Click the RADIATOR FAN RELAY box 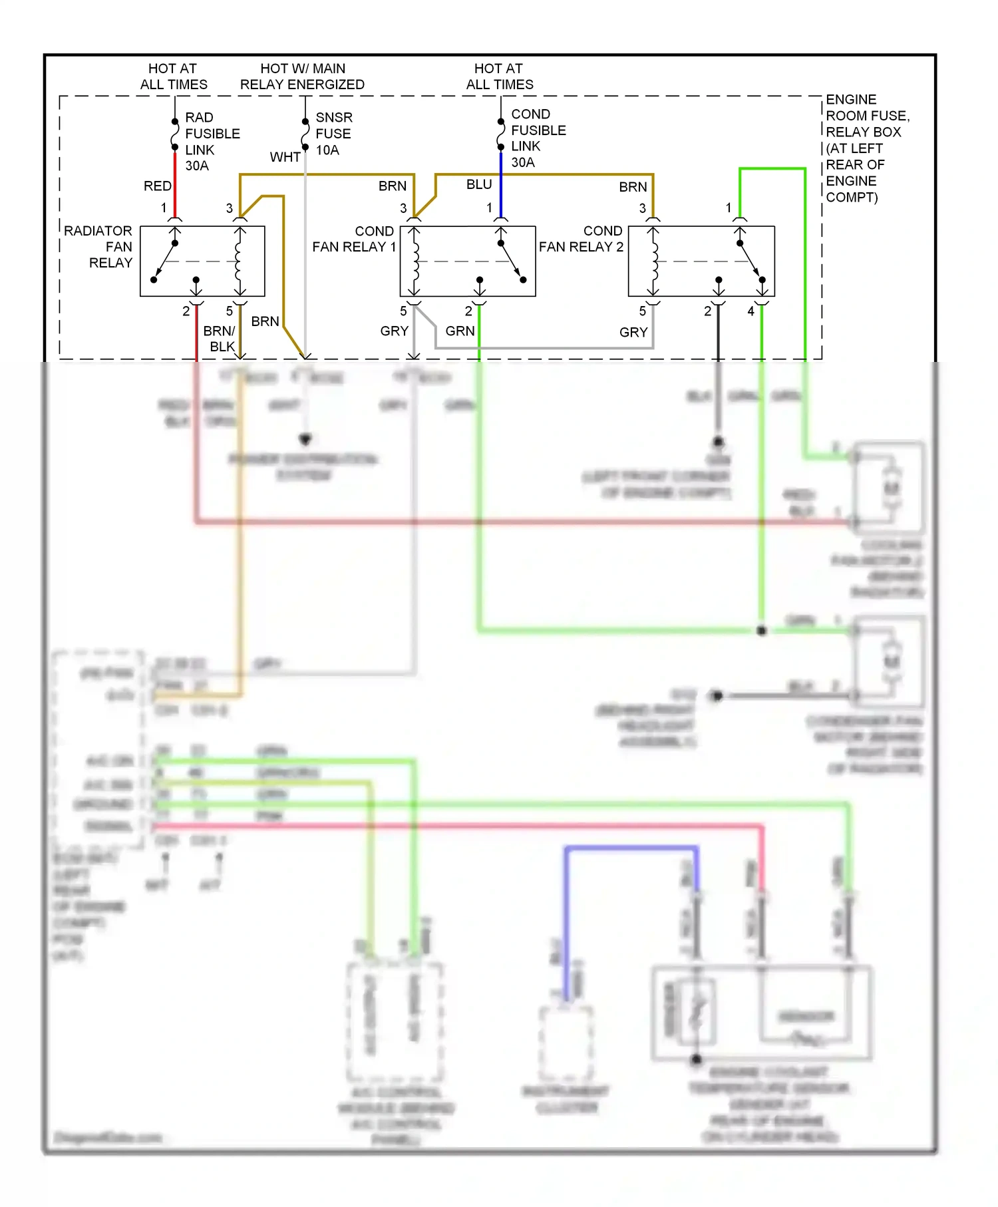pyautogui.click(x=202, y=261)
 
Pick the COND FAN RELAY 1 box pyautogui.click(x=467, y=261)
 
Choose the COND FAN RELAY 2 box pyautogui.click(x=701, y=261)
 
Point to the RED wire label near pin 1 pyautogui.click(x=157, y=186)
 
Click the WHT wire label pyautogui.click(x=285, y=157)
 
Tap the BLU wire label pyautogui.click(x=478, y=184)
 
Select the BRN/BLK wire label pyautogui.click(x=220, y=338)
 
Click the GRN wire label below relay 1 pyautogui.click(x=460, y=331)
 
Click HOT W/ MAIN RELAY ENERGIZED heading pyautogui.click(x=302, y=77)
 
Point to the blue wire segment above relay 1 pyautogui.click(x=500, y=183)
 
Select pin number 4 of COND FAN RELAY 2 pyautogui.click(x=750, y=311)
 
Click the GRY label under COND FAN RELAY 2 pyautogui.click(x=633, y=331)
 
